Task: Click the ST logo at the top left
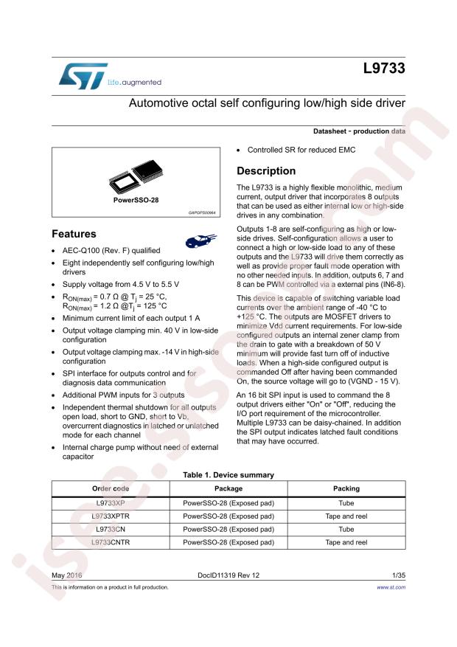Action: pos(74,75)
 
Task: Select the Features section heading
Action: pos(74,234)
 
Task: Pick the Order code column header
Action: pos(111,488)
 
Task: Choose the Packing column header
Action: pos(346,488)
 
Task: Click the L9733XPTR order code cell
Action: pos(111,516)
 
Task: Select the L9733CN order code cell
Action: pos(111,529)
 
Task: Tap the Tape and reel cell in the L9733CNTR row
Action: pos(346,542)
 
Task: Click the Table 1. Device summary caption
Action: pos(228,475)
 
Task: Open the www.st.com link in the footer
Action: pos(391,587)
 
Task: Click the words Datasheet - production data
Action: pos(359,131)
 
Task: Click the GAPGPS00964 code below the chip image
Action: pos(202,212)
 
